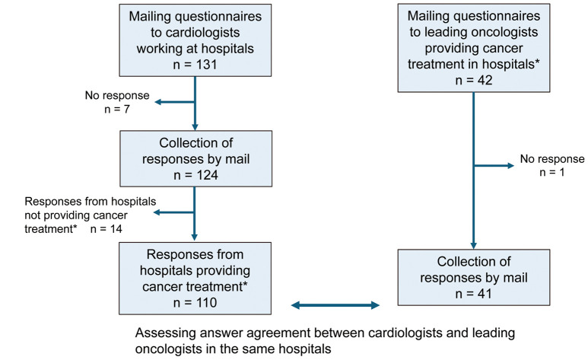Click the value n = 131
(x=195, y=65)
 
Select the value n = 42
(x=474, y=81)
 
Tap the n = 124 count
(x=195, y=175)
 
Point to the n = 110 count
(x=195, y=303)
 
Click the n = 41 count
(x=474, y=294)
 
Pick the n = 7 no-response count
(x=117, y=110)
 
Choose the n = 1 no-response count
(x=552, y=172)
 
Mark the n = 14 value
(x=106, y=229)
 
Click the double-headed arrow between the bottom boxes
(x=335, y=305)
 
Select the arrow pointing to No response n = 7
(x=175, y=102)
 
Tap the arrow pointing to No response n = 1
(x=494, y=166)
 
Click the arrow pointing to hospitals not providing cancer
(x=174, y=212)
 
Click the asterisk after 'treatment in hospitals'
(x=537, y=61)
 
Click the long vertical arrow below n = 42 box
(x=474, y=170)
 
